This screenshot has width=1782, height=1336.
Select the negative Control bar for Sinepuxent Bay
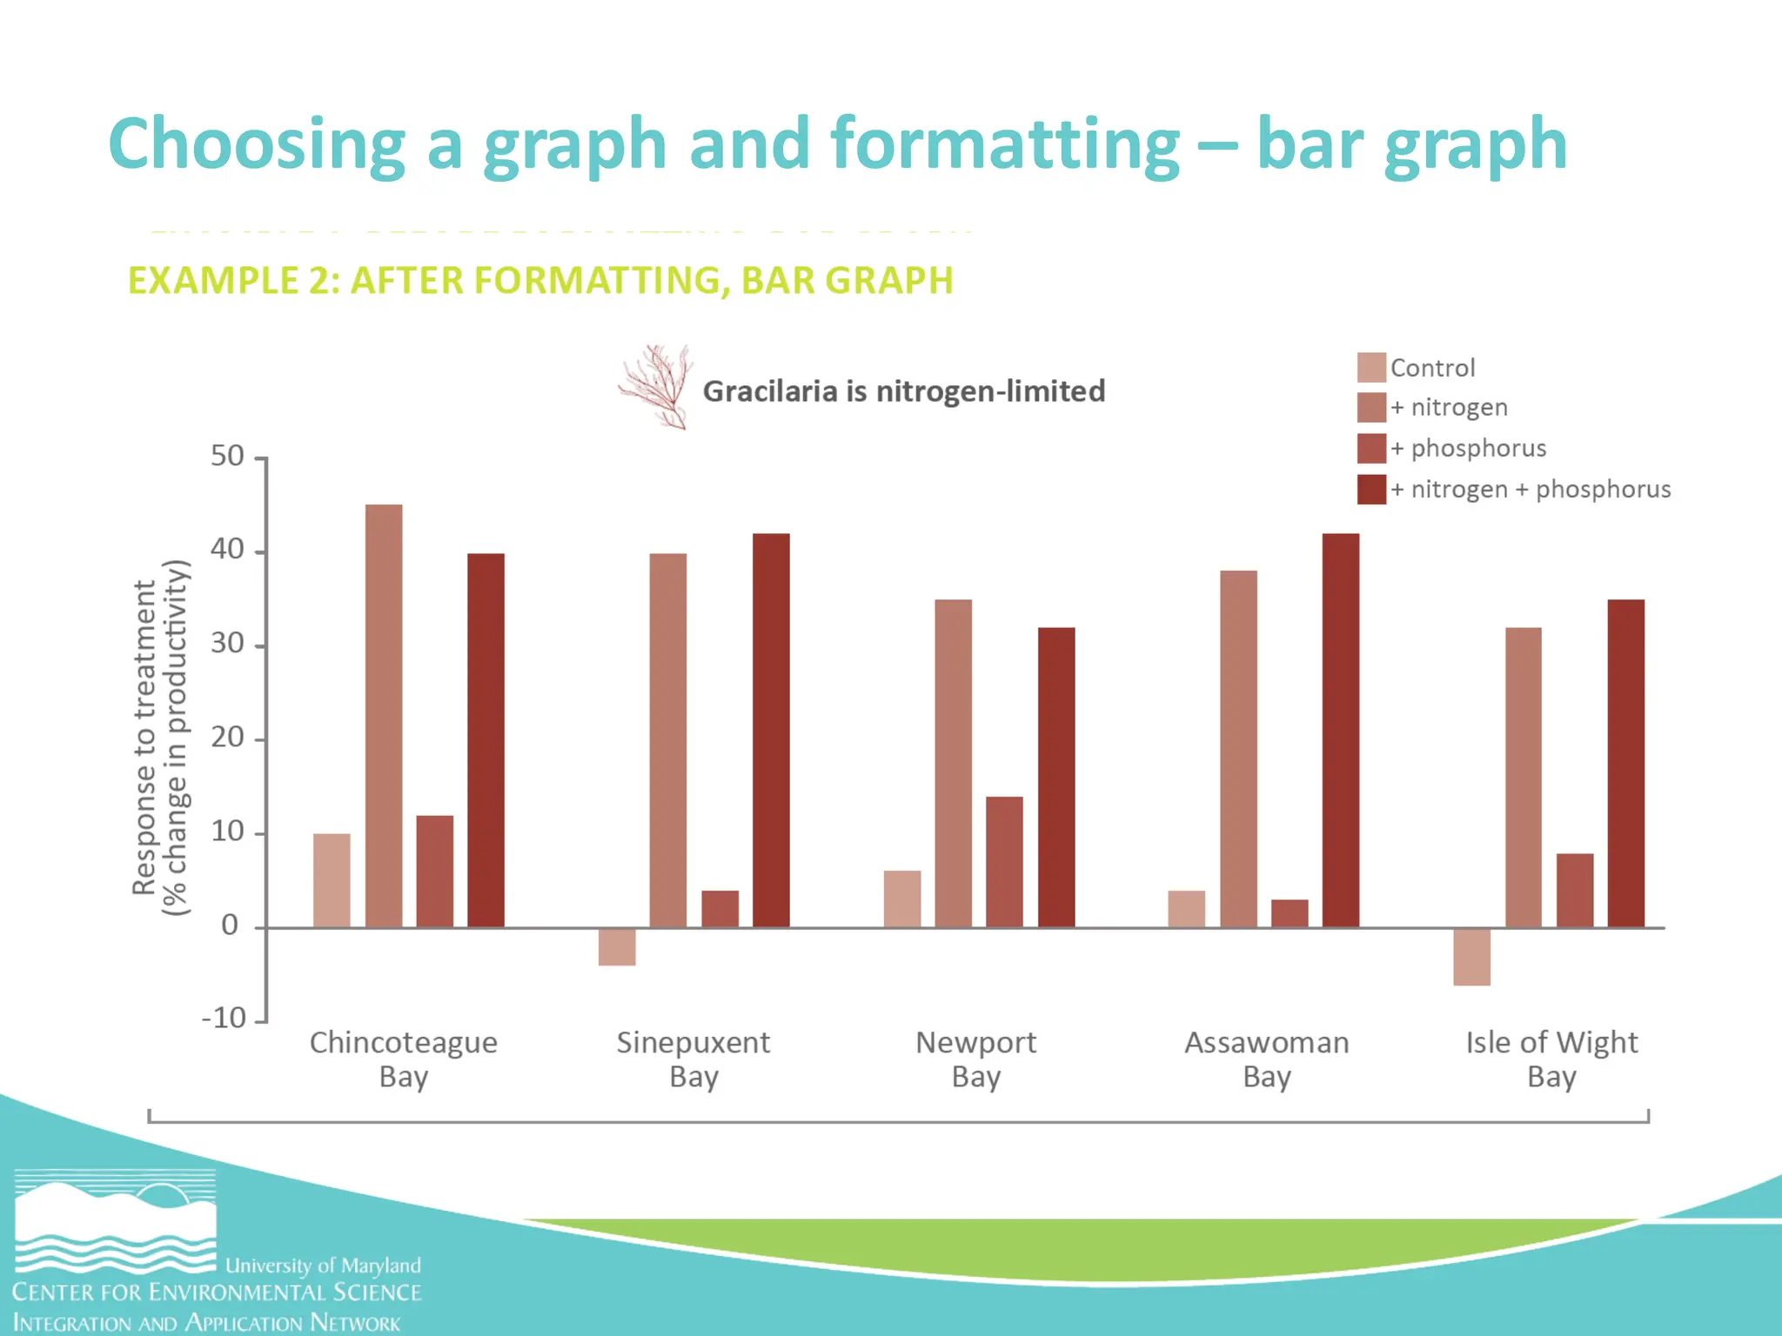tap(617, 946)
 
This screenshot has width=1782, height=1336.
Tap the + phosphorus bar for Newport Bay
tap(1004, 861)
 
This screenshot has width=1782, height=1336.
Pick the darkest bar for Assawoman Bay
tap(1340, 731)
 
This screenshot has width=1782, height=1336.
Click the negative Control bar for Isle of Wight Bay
tap(1471, 956)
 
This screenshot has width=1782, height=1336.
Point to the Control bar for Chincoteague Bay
tap(332, 880)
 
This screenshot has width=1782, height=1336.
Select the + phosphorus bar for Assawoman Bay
tap(1289, 913)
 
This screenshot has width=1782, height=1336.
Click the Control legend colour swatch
tap(1371, 367)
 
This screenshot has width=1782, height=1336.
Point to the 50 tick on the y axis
tap(228, 456)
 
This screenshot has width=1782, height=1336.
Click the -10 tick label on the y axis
tap(224, 1018)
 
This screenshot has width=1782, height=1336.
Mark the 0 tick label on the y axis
tap(230, 925)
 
